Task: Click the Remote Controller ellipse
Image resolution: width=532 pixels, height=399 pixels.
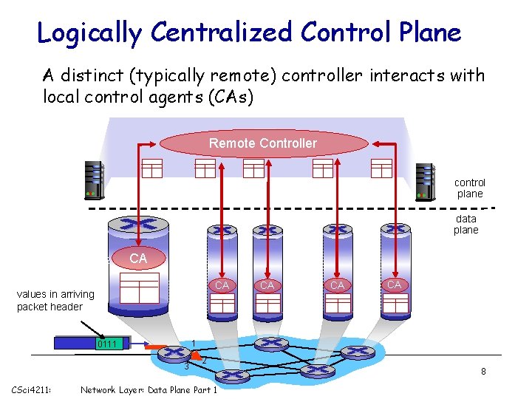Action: pyautogui.click(x=262, y=143)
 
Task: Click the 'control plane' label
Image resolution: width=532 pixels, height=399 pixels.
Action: pyautogui.click(x=470, y=188)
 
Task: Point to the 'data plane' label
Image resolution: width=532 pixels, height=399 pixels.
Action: pyautogui.click(x=466, y=224)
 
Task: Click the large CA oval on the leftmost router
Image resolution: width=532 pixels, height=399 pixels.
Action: pyautogui.click(x=138, y=259)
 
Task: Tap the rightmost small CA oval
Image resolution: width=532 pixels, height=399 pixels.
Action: pyautogui.click(x=394, y=284)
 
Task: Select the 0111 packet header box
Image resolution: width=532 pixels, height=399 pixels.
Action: pyautogui.click(x=109, y=344)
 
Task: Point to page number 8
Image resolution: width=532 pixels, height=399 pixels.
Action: pyautogui.click(x=483, y=372)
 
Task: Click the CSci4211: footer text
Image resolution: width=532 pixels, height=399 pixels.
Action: pyautogui.click(x=31, y=389)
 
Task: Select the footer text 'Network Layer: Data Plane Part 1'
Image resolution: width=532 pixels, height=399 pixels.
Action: pyautogui.click(x=149, y=389)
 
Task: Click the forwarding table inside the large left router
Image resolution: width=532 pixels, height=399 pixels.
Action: pyautogui.click(x=140, y=288)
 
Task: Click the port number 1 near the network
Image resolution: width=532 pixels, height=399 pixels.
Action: pyautogui.click(x=192, y=343)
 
